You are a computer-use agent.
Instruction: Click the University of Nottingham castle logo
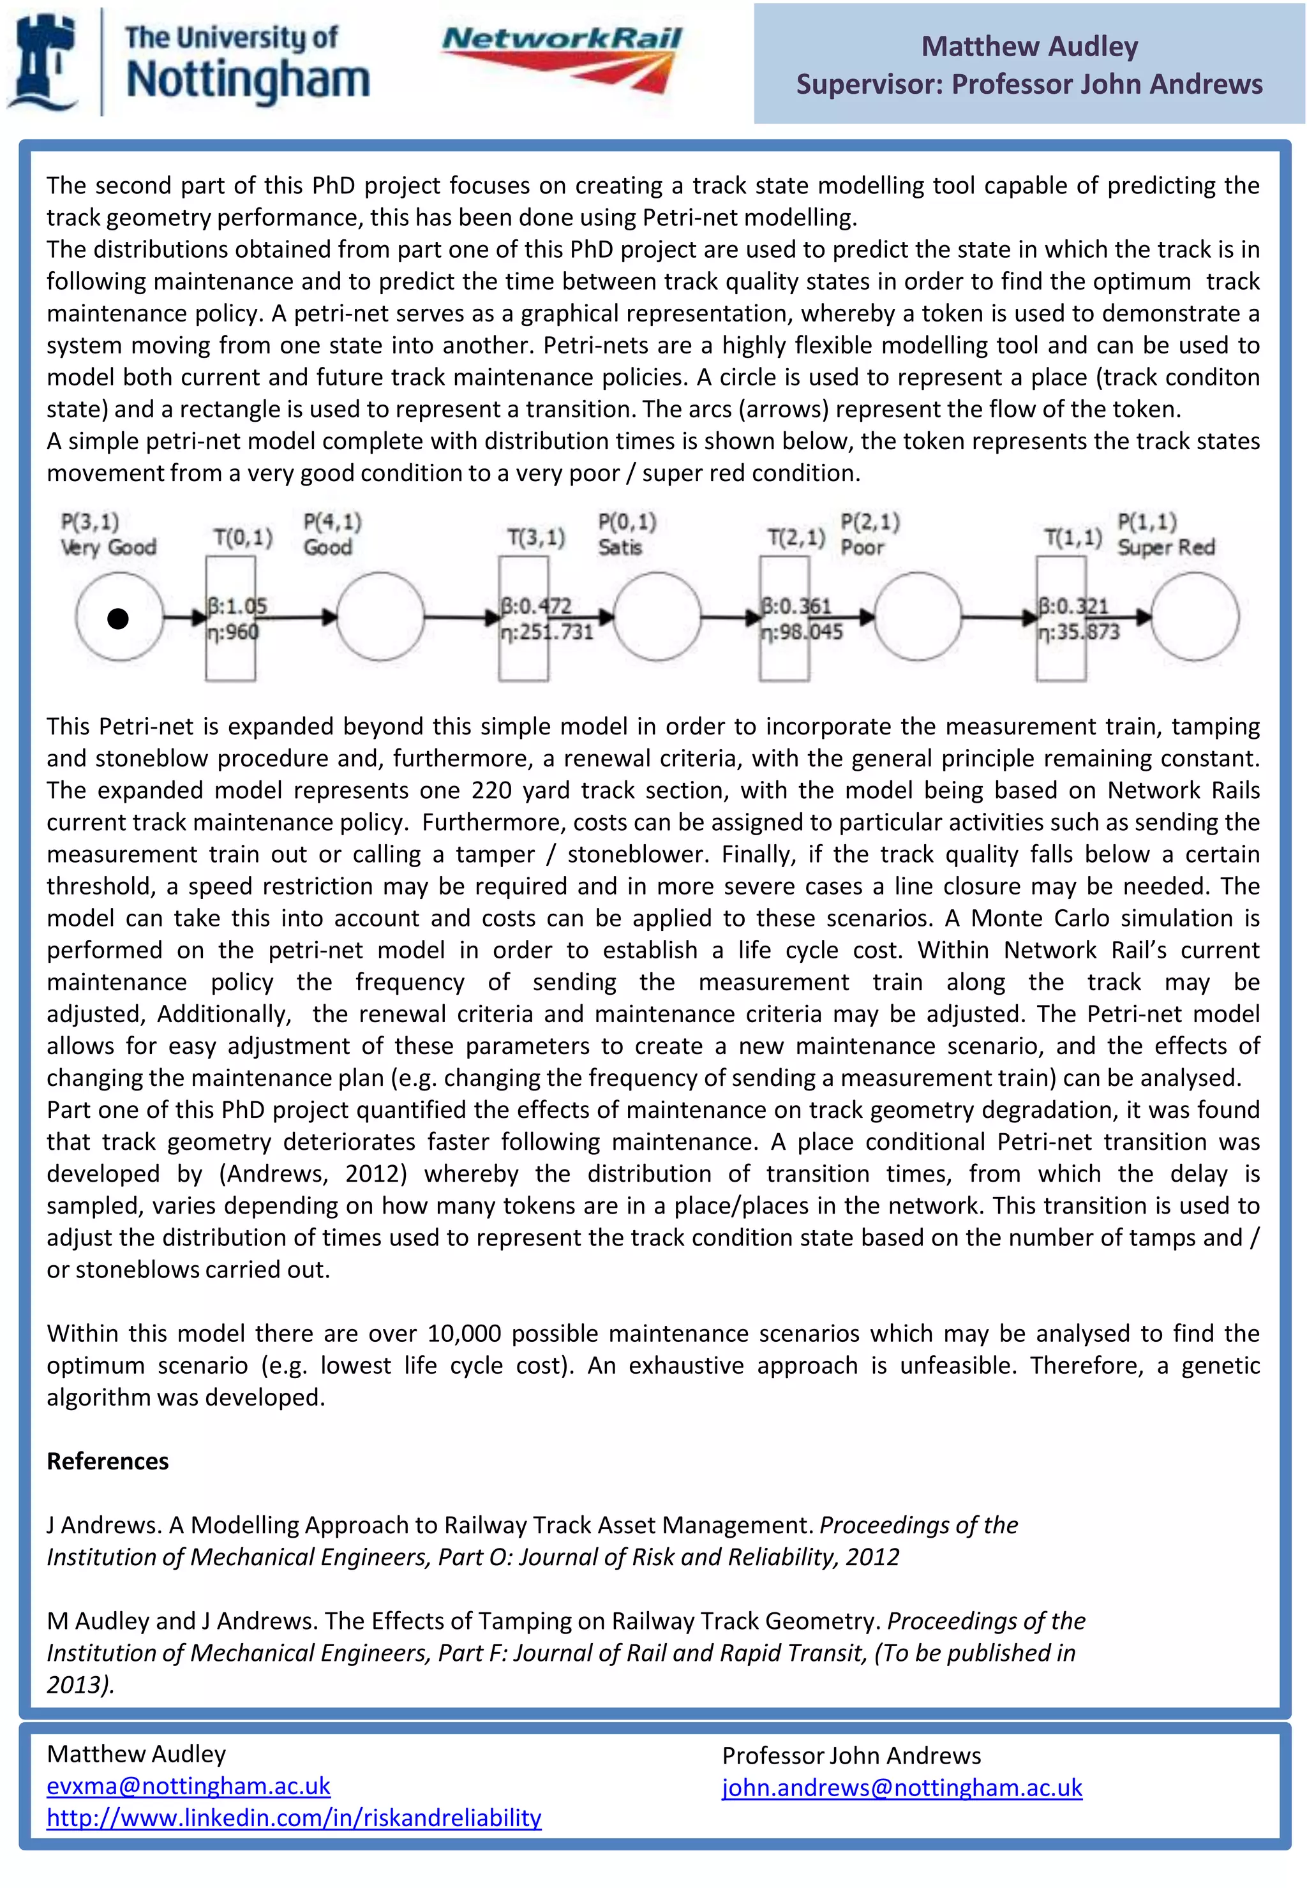tap(43, 61)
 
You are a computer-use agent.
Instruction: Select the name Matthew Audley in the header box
tap(1029, 47)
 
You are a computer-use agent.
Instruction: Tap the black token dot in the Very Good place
tap(118, 618)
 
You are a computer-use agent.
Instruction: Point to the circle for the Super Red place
tap(1195, 616)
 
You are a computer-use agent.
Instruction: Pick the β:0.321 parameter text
tap(1073, 606)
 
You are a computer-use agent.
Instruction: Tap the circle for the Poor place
tap(918, 616)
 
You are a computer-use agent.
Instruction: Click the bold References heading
tap(107, 1461)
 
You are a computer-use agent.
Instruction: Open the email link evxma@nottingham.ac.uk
tap(188, 1786)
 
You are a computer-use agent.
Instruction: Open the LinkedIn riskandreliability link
tap(294, 1818)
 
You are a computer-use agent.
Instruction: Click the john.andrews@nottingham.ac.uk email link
tap(902, 1787)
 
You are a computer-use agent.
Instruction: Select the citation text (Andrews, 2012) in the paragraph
tap(312, 1173)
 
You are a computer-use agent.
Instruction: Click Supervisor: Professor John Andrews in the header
tap(1029, 84)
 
